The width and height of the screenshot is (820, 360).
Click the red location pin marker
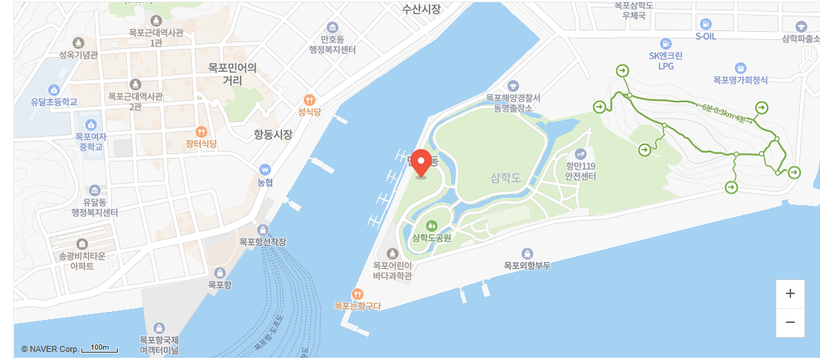coord(421,162)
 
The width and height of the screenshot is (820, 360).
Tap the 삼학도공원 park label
coord(432,238)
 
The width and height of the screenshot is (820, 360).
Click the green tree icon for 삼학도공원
coord(432,225)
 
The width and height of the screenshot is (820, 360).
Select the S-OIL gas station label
coord(705,36)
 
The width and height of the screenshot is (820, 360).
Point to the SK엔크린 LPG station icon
coord(666,44)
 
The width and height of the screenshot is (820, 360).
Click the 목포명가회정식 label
coord(740,80)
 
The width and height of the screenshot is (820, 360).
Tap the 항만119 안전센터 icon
coord(580,154)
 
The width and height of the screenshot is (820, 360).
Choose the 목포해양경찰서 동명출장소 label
coord(513,102)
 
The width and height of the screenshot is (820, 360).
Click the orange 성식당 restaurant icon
coord(309,100)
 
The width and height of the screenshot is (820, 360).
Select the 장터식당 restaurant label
coord(201,144)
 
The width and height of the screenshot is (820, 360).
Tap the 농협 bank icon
coord(265,170)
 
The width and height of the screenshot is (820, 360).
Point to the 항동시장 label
coord(273,135)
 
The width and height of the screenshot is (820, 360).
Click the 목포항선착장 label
coord(262,241)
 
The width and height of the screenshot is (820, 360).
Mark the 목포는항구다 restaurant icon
coord(358,293)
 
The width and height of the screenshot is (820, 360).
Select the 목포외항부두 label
coord(527,265)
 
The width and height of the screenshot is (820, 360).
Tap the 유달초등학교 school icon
coord(53,90)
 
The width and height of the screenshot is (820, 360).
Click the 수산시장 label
coord(421,9)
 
